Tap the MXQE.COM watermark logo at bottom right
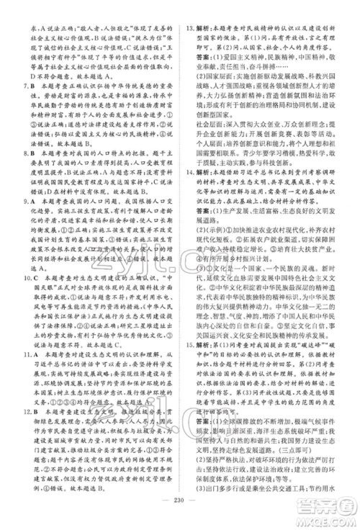point(332,518)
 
